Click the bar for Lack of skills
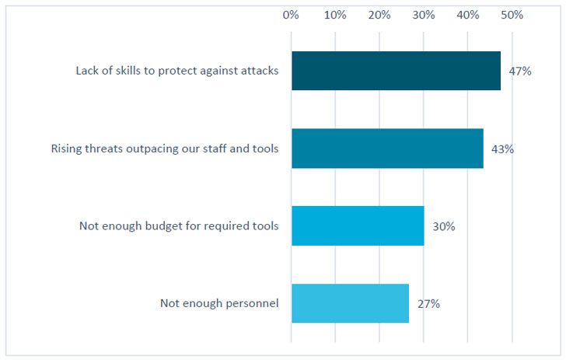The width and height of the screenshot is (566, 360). click(x=396, y=71)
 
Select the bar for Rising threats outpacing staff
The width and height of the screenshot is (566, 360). click(x=387, y=149)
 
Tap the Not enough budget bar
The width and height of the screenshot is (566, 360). click(x=358, y=226)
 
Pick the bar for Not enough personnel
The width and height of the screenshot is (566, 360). click(x=350, y=303)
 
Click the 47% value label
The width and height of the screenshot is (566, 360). click(x=519, y=72)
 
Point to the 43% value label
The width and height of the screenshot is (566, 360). click(x=502, y=149)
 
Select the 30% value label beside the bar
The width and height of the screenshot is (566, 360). click(x=444, y=226)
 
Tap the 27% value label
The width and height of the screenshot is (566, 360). click(x=429, y=304)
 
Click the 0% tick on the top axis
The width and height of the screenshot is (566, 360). click(x=292, y=15)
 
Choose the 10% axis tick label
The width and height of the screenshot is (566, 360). click(x=335, y=15)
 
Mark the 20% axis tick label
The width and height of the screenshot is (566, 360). click(x=379, y=15)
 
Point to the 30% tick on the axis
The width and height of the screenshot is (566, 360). click(x=424, y=15)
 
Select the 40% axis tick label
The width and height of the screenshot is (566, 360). click(x=468, y=15)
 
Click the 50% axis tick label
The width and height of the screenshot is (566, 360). click(x=512, y=15)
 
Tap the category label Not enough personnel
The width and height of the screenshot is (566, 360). click(x=219, y=304)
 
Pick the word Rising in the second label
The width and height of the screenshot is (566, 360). click(x=67, y=149)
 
